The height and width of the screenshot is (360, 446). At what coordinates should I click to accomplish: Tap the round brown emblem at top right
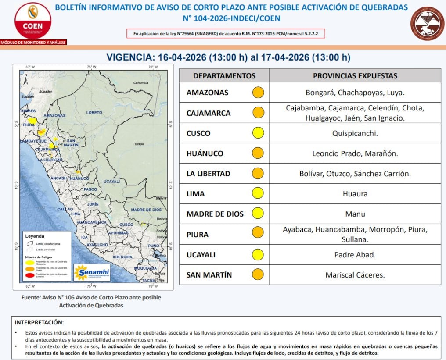coord(427,23)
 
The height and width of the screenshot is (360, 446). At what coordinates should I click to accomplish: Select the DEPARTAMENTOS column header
coord(224,76)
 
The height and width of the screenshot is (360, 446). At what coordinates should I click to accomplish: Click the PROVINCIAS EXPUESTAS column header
coord(355,76)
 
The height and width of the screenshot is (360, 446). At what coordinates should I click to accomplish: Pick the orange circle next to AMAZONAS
coord(258,93)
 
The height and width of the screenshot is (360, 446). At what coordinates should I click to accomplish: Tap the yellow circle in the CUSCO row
coord(258,133)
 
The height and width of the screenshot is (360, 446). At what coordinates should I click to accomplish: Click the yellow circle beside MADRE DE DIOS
coord(258,214)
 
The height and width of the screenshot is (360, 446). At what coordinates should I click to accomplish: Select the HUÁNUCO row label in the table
coord(205,153)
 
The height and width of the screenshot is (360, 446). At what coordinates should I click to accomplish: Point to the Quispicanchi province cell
coord(355,133)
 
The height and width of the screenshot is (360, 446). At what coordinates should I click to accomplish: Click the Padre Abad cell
coord(355,255)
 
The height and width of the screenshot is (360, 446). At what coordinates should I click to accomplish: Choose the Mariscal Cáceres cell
coord(355,275)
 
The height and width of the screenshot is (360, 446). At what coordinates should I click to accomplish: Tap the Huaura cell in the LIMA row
coord(355,194)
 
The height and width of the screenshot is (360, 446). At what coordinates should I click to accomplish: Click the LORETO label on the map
coord(94,113)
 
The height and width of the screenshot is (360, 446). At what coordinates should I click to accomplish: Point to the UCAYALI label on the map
coord(111,181)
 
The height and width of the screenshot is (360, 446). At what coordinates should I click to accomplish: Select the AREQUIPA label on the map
coord(122,257)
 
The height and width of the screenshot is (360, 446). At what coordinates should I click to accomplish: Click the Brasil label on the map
coord(140,144)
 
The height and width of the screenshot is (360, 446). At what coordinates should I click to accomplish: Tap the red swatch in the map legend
coord(30,274)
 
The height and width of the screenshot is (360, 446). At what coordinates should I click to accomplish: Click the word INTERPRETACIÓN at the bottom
coord(39,322)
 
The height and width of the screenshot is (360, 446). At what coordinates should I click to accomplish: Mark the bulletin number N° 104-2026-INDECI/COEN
coord(231,18)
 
